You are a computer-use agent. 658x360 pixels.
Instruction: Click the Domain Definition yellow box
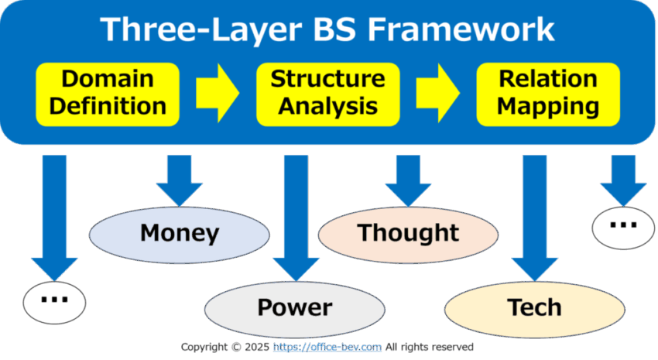[108, 94]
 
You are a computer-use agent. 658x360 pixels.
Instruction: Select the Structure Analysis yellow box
[327, 94]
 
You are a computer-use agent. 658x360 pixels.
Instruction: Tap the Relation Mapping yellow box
[548, 94]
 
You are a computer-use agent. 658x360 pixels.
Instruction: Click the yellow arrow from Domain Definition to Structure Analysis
[218, 93]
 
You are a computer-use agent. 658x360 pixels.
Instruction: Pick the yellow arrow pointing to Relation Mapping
[437, 93]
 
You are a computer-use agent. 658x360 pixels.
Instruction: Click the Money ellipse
[179, 235]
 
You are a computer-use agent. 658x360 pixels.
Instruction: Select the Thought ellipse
[408, 235]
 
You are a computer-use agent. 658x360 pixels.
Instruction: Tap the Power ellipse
[295, 309]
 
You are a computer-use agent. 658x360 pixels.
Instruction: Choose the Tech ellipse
[535, 309]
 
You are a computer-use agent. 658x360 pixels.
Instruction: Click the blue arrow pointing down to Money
[180, 180]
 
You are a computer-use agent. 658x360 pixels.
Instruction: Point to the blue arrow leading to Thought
[408, 180]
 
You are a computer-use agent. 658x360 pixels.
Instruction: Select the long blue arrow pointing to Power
[296, 218]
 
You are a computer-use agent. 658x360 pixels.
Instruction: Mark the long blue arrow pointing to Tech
[535, 218]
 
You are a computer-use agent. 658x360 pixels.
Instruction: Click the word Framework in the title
[461, 29]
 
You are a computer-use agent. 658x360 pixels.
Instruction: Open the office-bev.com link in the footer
[327, 347]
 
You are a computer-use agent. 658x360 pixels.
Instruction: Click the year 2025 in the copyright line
[257, 347]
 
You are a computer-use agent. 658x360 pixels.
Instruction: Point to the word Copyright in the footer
[204, 348]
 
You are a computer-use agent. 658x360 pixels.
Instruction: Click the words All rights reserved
[430, 347]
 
